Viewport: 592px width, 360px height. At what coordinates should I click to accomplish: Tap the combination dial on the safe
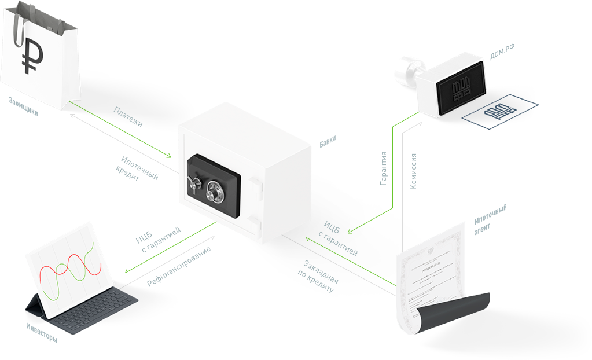[x=215, y=188]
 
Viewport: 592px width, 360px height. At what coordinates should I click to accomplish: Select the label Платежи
[x=128, y=117]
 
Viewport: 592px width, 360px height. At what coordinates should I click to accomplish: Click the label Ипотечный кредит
[x=137, y=169]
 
